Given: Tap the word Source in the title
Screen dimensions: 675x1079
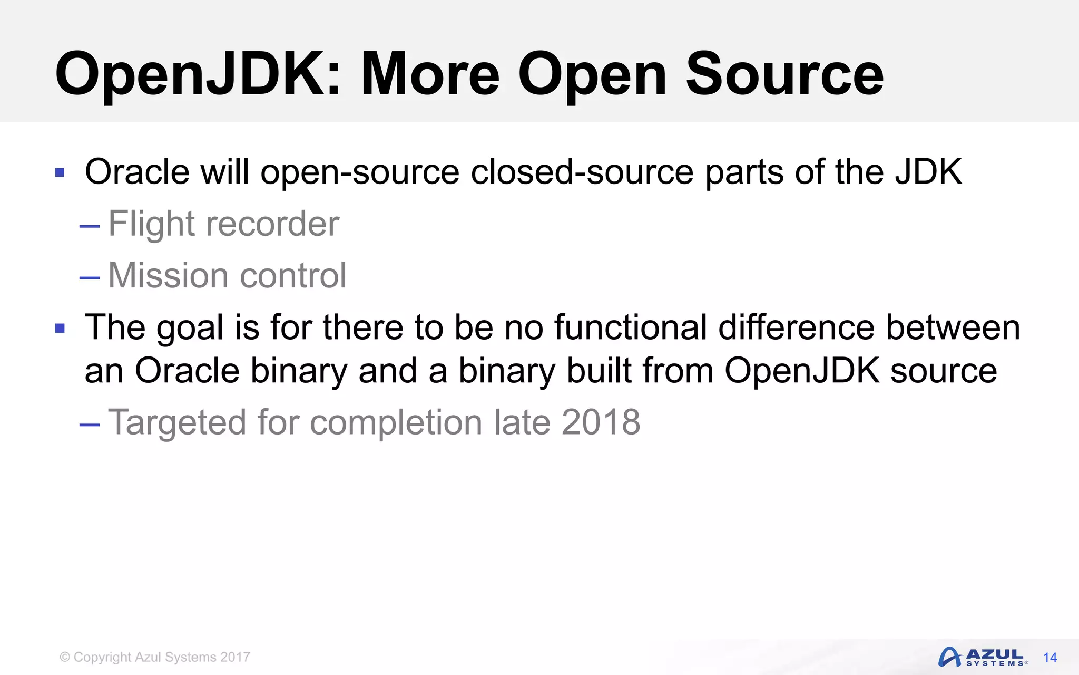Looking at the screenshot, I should [x=784, y=75].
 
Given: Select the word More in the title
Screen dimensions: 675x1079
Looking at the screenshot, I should [x=429, y=75].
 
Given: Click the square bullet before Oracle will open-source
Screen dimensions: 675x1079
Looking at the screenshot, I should [x=60, y=172].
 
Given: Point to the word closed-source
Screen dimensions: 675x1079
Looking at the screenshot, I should [x=582, y=172].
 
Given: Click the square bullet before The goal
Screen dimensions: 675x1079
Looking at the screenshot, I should [x=60, y=329].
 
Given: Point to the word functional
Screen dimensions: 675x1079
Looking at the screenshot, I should [x=630, y=327].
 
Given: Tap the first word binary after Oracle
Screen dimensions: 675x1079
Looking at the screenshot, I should [x=299, y=371].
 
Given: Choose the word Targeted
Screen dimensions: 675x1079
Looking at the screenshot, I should [x=177, y=422].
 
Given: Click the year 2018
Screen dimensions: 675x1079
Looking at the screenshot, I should [x=601, y=422].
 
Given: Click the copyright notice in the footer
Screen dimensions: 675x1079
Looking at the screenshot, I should [x=155, y=657].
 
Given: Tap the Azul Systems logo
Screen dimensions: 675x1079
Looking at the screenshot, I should [x=982, y=657].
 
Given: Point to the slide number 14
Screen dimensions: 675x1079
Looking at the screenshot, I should [x=1050, y=658].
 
